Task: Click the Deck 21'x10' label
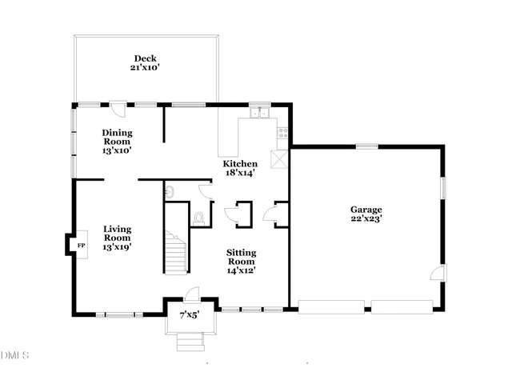(x=146, y=63)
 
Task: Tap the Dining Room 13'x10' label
(x=117, y=141)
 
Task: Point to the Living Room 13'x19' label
(x=117, y=238)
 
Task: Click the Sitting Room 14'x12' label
(x=242, y=261)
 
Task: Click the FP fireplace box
(x=81, y=246)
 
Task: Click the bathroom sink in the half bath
(x=170, y=191)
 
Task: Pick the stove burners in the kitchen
(x=282, y=133)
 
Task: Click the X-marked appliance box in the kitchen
(x=281, y=157)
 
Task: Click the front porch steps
(x=190, y=343)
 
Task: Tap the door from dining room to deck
(x=118, y=107)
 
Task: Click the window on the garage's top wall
(x=367, y=146)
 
